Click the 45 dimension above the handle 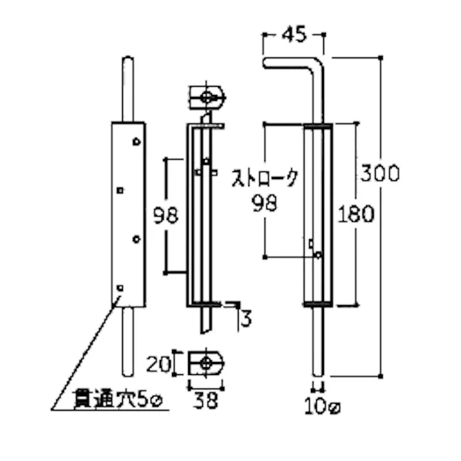point(293,35)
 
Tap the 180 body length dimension point(355,214)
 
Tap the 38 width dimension point(206,401)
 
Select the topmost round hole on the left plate point(136,141)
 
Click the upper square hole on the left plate point(120,190)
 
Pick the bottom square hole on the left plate point(120,286)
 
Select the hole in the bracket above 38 point(206,361)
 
